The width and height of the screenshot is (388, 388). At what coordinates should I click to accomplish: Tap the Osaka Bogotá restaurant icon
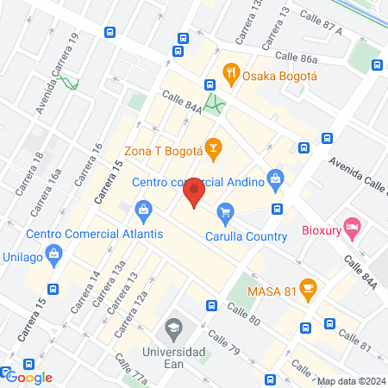point(230,74)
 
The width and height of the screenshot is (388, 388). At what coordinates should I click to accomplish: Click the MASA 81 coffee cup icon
point(308,288)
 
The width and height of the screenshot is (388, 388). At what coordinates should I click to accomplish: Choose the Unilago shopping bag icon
point(53,254)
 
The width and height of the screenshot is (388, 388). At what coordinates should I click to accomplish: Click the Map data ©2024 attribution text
point(349,381)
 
